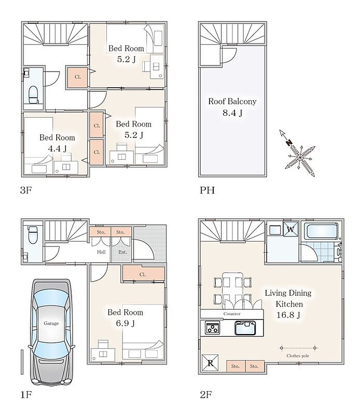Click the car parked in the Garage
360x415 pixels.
click(51, 332)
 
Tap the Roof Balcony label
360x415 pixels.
click(232, 101)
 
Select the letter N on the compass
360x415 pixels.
click(289, 143)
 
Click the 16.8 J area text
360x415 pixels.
click(288, 315)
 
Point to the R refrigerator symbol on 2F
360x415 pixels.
click(210, 363)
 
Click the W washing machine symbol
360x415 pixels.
click(290, 229)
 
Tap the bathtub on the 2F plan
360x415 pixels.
click(321, 231)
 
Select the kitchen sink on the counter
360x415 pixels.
click(245, 328)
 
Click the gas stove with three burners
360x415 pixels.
click(212, 327)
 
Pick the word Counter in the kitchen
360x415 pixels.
click(232, 314)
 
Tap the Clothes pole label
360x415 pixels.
click(298, 356)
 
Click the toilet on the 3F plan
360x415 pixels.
click(34, 94)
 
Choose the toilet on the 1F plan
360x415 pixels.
click(33, 234)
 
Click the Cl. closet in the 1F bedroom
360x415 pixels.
click(144, 274)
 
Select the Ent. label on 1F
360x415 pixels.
click(122, 252)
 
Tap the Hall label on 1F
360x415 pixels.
click(101, 252)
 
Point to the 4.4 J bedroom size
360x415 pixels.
click(57, 148)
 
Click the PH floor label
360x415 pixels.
click(207, 190)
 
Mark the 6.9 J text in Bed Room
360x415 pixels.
click(125, 323)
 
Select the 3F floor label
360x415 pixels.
click(26, 190)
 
